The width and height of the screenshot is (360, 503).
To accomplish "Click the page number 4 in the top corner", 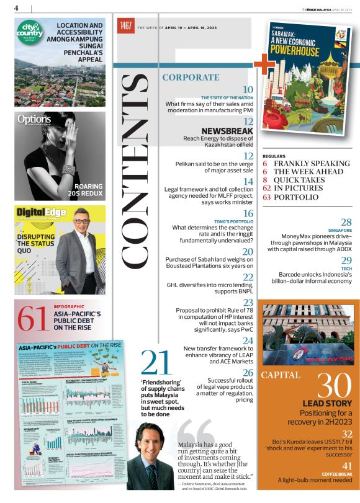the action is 16,7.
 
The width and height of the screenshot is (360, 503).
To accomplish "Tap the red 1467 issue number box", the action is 126,26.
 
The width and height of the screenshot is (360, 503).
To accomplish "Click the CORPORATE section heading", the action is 191,78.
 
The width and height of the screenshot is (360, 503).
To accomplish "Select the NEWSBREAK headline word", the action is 227,131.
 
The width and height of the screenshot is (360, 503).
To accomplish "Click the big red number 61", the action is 32,318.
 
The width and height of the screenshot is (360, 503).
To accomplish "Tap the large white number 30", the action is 335,389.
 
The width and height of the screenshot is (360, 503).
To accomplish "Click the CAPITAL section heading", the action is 281,375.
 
